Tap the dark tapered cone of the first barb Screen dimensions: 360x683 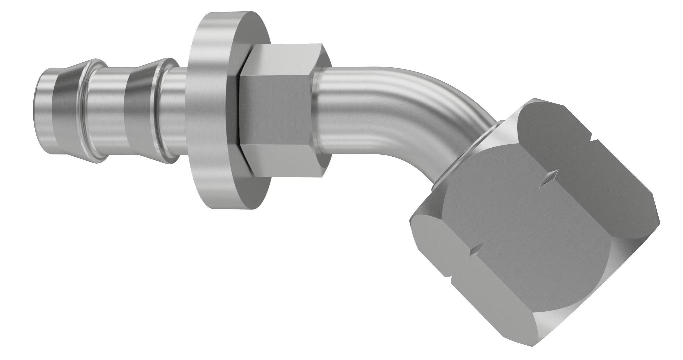click(67, 110)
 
